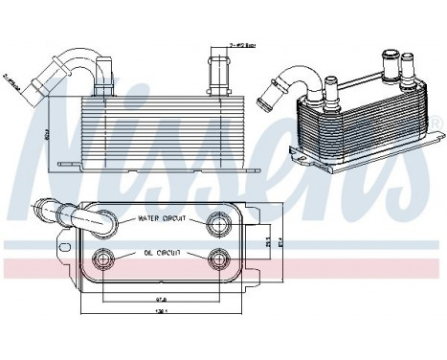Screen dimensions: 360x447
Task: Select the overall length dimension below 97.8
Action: pos(137,311)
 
